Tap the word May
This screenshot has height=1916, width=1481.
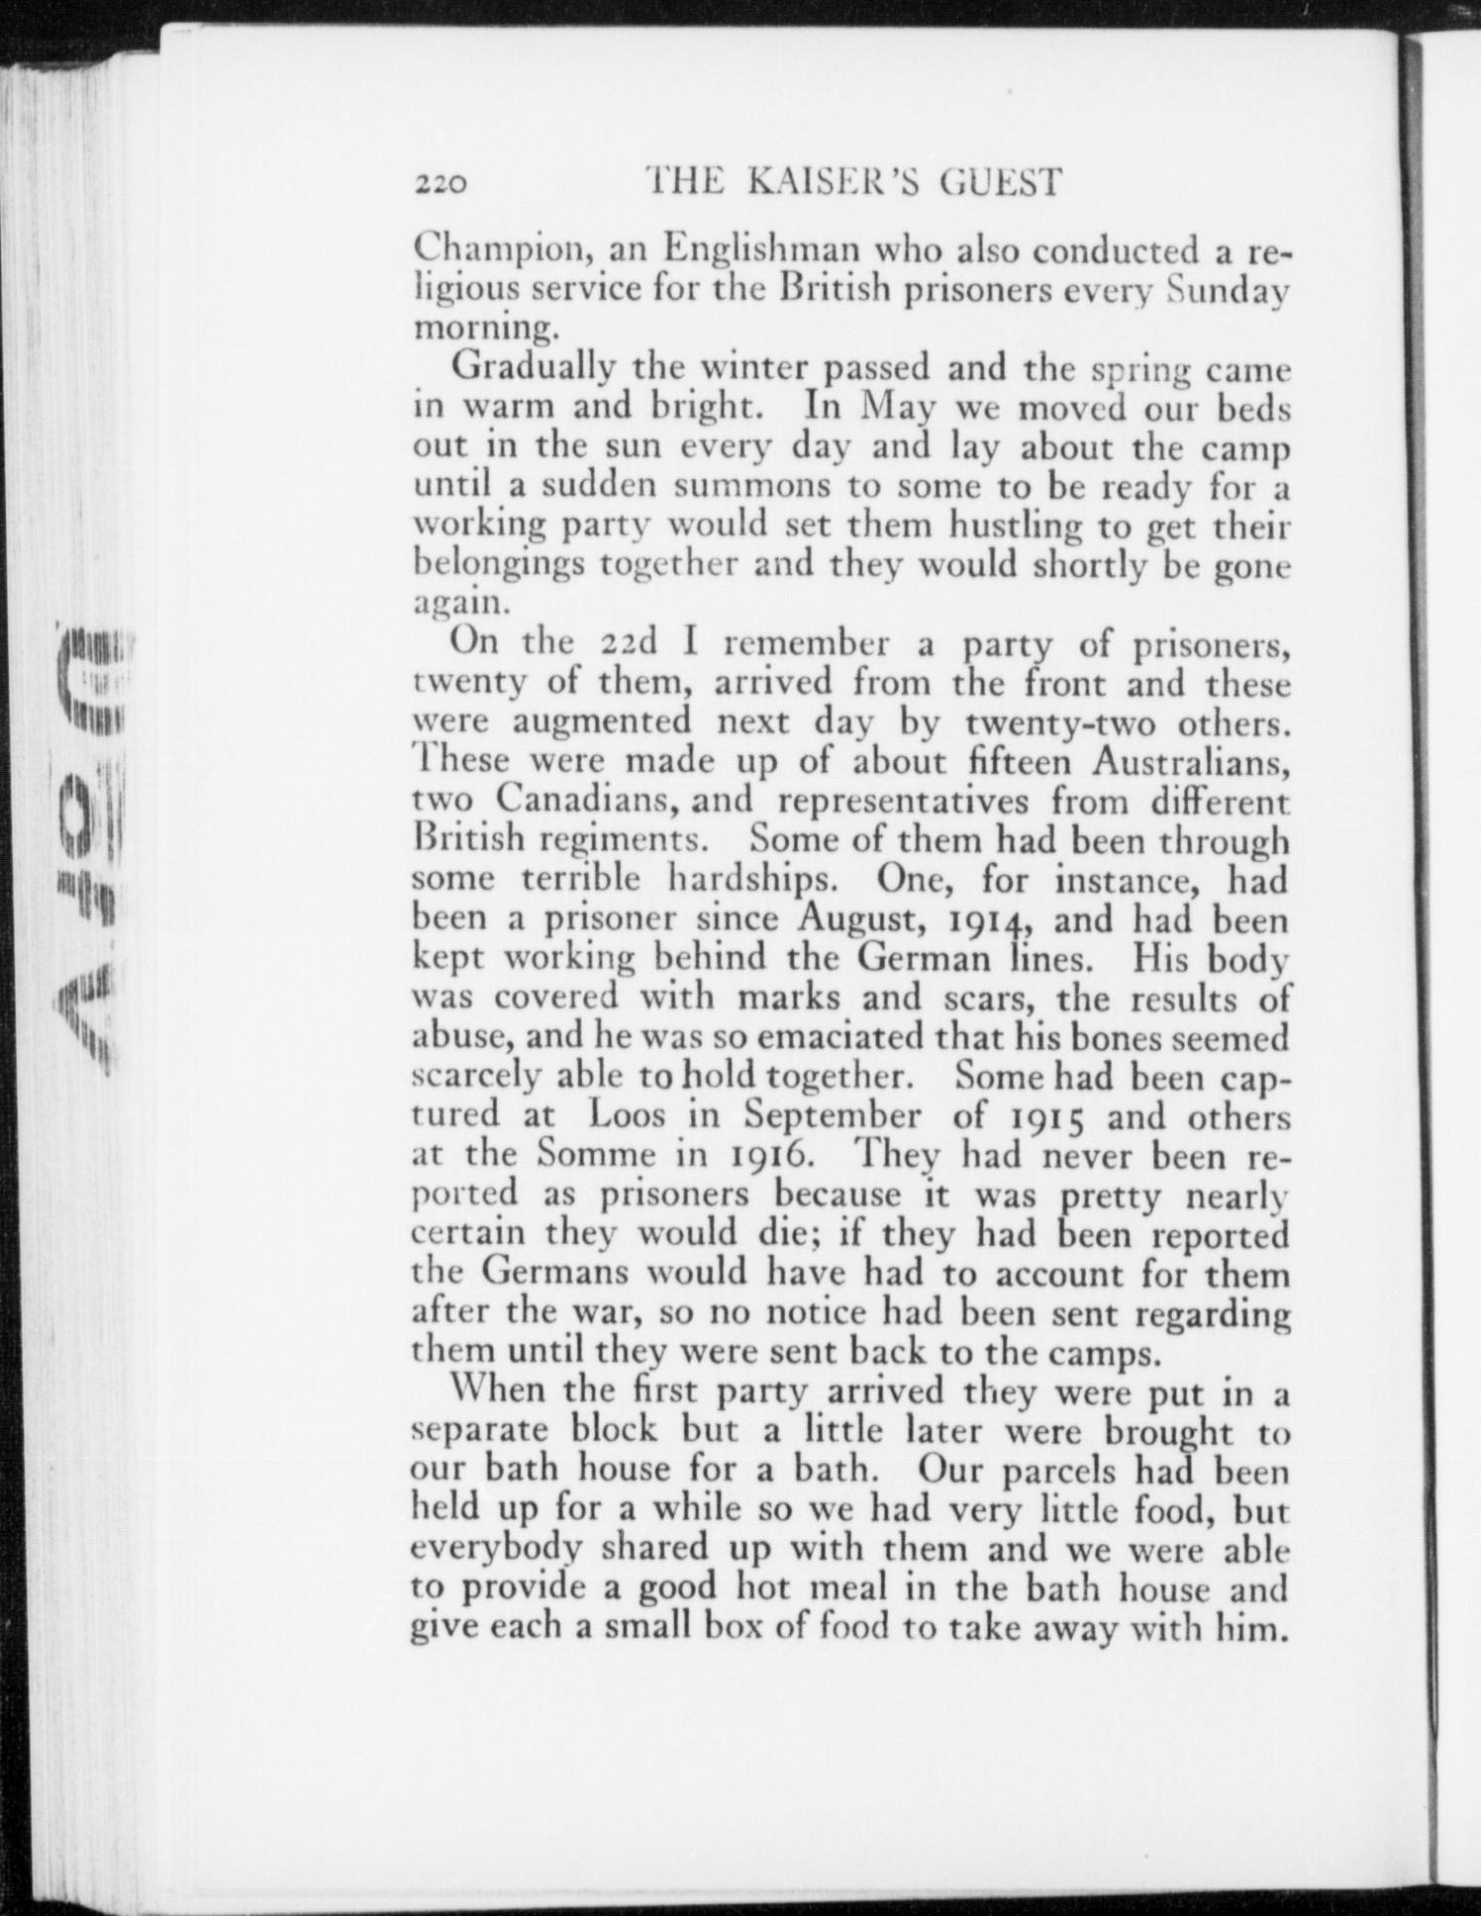click(896, 408)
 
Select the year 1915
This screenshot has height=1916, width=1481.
click(1051, 1118)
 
